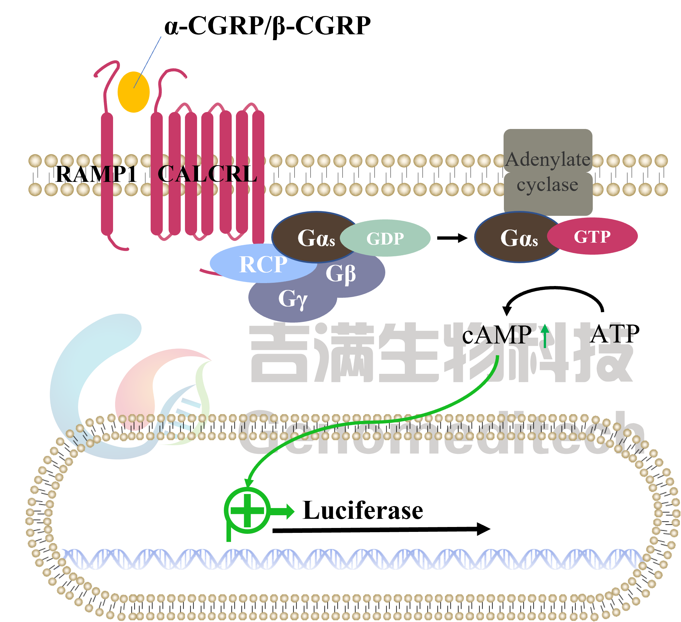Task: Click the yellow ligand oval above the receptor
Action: pyautogui.click(x=133, y=92)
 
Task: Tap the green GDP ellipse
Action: pyautogui.click(x=385, y=238)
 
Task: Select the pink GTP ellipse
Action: pyautogui.click(x=592, y=236)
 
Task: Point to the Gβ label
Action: pyautogui.click(x=340, y=273)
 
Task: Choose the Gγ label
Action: pyautogui.click(x=292, y=299)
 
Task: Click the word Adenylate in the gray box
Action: pyautogui.click(x=548, y=160)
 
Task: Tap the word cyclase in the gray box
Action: pyautogui.click(x=547, y=184)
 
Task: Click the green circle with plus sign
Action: pyautogui.click(x=247, y=510)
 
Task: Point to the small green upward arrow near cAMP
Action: pyautogui.click(x=544, y=335)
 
